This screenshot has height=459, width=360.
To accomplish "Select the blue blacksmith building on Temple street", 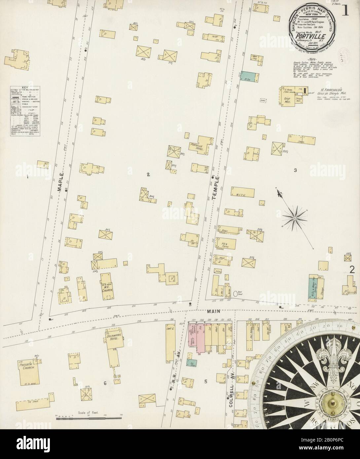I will click(x=246, y=76).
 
